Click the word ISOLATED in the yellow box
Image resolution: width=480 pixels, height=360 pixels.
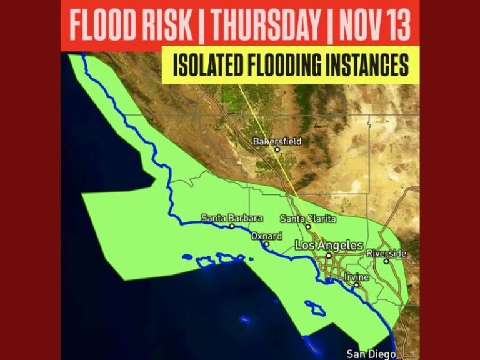tap(212, 65)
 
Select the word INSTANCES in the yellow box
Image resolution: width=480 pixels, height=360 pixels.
tap(368, 65)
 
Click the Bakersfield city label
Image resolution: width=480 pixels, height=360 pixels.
tap(277, 141)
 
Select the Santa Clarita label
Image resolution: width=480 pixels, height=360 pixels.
tap(307, 219)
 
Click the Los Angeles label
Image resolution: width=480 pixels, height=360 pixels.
tap(329, 246)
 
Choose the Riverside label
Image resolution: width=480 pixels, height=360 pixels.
tap(386, 253)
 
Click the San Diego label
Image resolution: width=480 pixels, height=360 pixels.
tap(371, 353)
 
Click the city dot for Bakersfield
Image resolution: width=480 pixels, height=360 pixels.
tap(277, 149)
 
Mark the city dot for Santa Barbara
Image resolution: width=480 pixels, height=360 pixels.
tap(232, 226)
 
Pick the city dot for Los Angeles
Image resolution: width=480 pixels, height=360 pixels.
tap(329, 255)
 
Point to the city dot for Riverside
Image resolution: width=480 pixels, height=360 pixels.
tap(386, 261)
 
